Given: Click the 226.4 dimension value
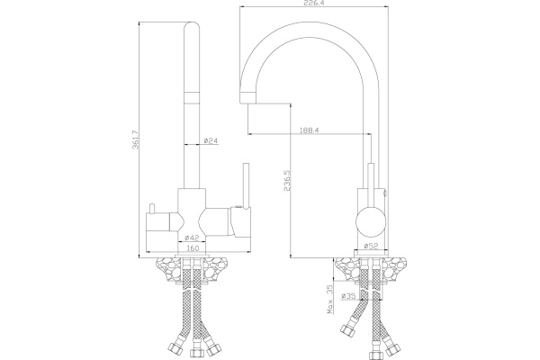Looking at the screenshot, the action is point(313,3).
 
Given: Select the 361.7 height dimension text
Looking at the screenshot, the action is point(136,139).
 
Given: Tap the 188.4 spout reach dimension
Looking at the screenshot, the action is point(310,130).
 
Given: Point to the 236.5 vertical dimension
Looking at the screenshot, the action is point(288,180).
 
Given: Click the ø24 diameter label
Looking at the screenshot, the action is point(211,140).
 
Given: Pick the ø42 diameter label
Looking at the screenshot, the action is point(192,238).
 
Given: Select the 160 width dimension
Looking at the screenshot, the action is point(193,248).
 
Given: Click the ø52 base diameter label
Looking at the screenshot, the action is point(371,246).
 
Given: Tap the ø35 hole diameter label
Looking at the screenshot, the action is point(348,295).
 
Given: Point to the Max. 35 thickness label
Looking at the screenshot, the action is point(329,300).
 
